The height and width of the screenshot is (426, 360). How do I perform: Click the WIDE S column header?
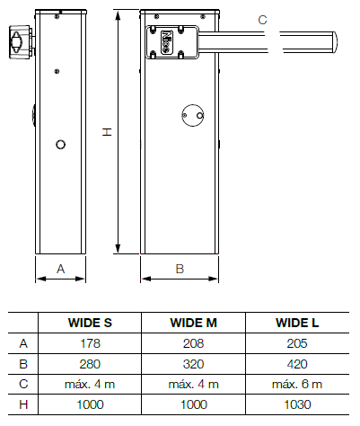pyautogui.click(x=90, y=323)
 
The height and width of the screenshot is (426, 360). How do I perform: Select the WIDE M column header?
pyautogui.click(x=193, y=323)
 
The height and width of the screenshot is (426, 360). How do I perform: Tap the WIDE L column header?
pyautogui.click(x=297, y=323)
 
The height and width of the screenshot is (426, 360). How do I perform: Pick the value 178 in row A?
pyautogui.click(x=90, y=343)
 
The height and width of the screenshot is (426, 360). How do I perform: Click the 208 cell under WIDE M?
pyautogui.click(x=194, y=343)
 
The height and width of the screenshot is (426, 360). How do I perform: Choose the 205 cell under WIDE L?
pyautogui.click(x=297, y=343)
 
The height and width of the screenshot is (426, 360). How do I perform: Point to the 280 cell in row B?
pyautogui.click(x=90, y=364)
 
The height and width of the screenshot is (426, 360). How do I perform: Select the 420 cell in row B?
pyautogui.click(x=297, y=364)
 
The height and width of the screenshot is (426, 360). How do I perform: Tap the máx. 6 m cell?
pyautogui.click(x=297, y=384)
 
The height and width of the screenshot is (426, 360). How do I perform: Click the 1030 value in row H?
pyautogui.click(x=297, y=404)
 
